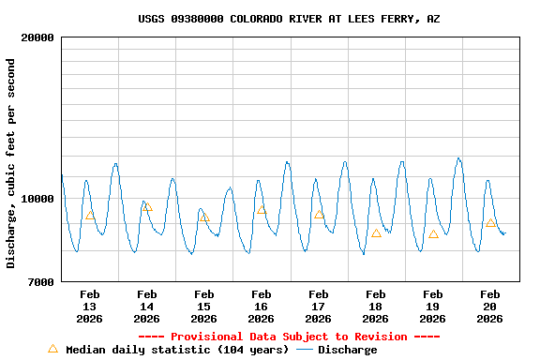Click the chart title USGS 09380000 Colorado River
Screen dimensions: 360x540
(289, 19)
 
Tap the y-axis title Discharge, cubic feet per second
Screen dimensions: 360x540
(11, 163)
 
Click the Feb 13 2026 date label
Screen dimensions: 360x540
(89, 307)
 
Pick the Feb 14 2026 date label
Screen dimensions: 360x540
(146, 307)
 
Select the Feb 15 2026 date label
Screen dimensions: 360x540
(203, 307)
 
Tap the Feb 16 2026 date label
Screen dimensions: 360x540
(261, 307)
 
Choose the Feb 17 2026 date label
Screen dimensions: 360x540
(318, 307)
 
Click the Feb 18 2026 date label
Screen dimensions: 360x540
(375, 307)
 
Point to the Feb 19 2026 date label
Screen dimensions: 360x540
(432, 307)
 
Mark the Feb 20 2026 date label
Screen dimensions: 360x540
(489, 307)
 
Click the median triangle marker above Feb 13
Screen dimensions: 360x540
(90, 215)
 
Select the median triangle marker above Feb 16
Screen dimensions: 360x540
(262, 209)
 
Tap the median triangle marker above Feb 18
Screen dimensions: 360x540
(376, 233)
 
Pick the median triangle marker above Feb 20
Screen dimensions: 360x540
(490, 222)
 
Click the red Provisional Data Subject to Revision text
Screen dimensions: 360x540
(289, 337)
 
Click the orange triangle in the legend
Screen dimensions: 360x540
(52, 349)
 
